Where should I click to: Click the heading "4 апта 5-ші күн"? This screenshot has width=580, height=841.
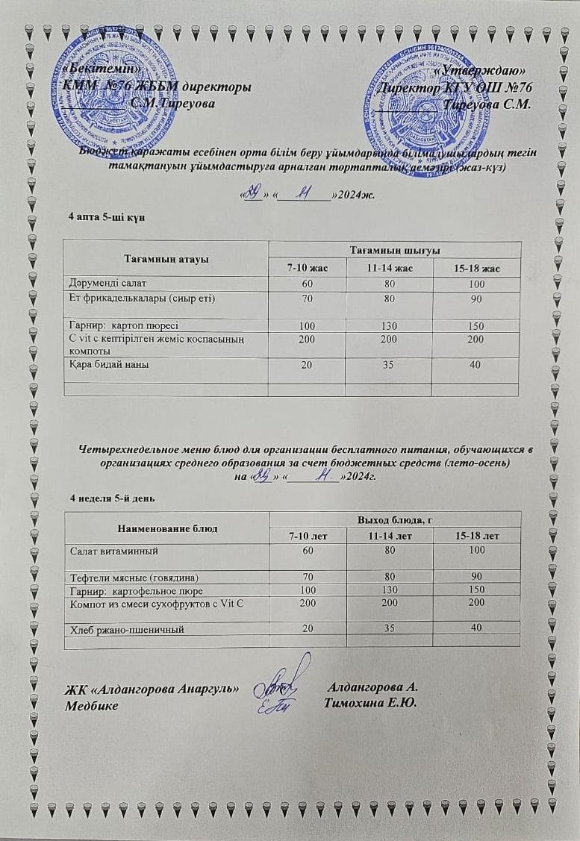click(x=101, y=216)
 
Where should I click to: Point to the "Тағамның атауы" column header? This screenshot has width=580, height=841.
click(x=166, y=258)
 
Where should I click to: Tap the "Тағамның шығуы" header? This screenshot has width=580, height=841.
click(x=393, y=248)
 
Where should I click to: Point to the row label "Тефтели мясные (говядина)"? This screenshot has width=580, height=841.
click(x=134, y=577)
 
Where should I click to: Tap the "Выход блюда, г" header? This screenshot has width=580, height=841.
click(x=394, y=519)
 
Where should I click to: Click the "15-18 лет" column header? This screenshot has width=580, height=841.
click(x=477, y=536)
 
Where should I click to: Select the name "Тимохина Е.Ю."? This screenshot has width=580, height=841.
click(x=370, y=702)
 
